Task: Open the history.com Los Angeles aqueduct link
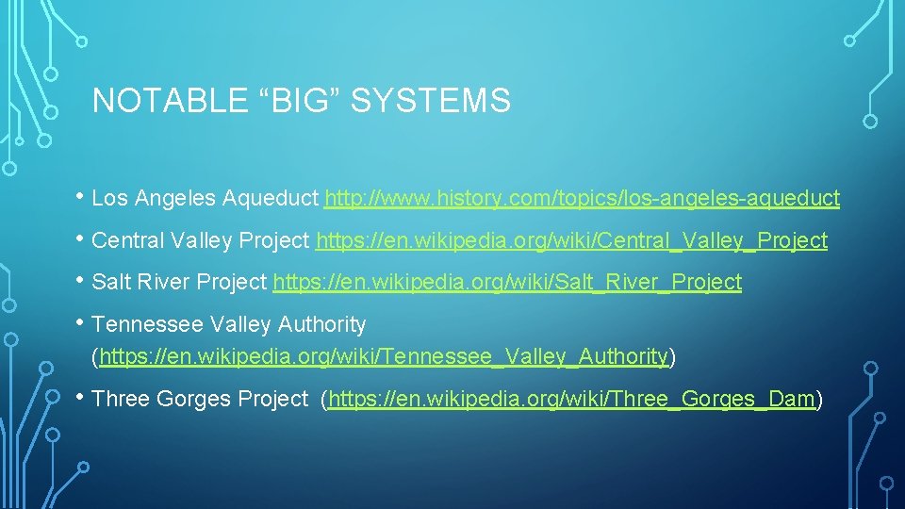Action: [582, 199]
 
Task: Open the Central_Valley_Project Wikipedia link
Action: [571, 240]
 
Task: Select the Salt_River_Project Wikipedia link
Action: [507, 282]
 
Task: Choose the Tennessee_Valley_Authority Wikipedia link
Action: [384, 356]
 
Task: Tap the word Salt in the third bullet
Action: [111, 282]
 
